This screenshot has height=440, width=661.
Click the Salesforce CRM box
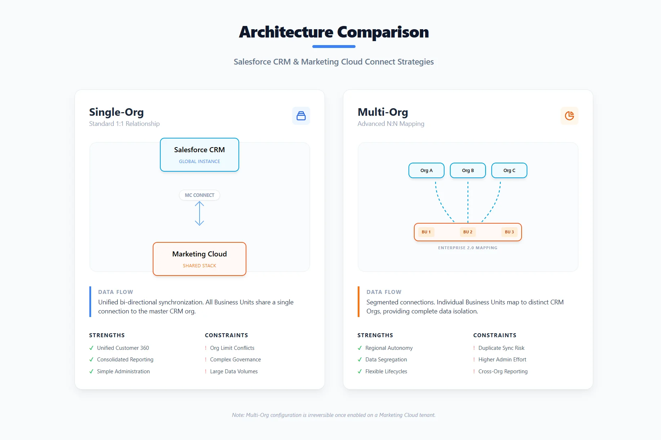(x=199, y=155)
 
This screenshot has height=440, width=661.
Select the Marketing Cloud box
(x=199, y=259)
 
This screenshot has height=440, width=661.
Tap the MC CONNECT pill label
(x=199, y=195)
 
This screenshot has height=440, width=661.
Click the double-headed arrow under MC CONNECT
(x=199, y=214)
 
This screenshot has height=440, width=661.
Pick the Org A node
(x=426, y=171)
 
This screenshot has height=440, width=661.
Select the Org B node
(x=468, y=171)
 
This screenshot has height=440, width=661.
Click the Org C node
(x=509, y=171)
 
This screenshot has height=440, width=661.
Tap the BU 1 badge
(x=426, y=232)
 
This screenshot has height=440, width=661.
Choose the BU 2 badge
(x=468, y=232)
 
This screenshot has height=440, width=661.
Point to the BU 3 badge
(x=509, y=232)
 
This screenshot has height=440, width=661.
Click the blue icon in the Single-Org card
(x=301, y=116)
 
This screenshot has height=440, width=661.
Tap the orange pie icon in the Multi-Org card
(x=569, y=116)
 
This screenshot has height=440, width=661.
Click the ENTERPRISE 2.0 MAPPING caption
(x=468, y=248)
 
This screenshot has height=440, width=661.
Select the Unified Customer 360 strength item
(x=123, y=348)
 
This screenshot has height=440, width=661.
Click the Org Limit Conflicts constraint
(x=232, y=348)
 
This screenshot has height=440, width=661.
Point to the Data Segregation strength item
(x=386, y=360)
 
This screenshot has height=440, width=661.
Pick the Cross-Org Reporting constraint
(x=503, y=371)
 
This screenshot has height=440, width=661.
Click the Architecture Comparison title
(x=334, y=32)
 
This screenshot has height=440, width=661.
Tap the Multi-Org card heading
(x=383, y=112)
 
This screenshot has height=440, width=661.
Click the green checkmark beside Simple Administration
(x=91, y=371)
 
